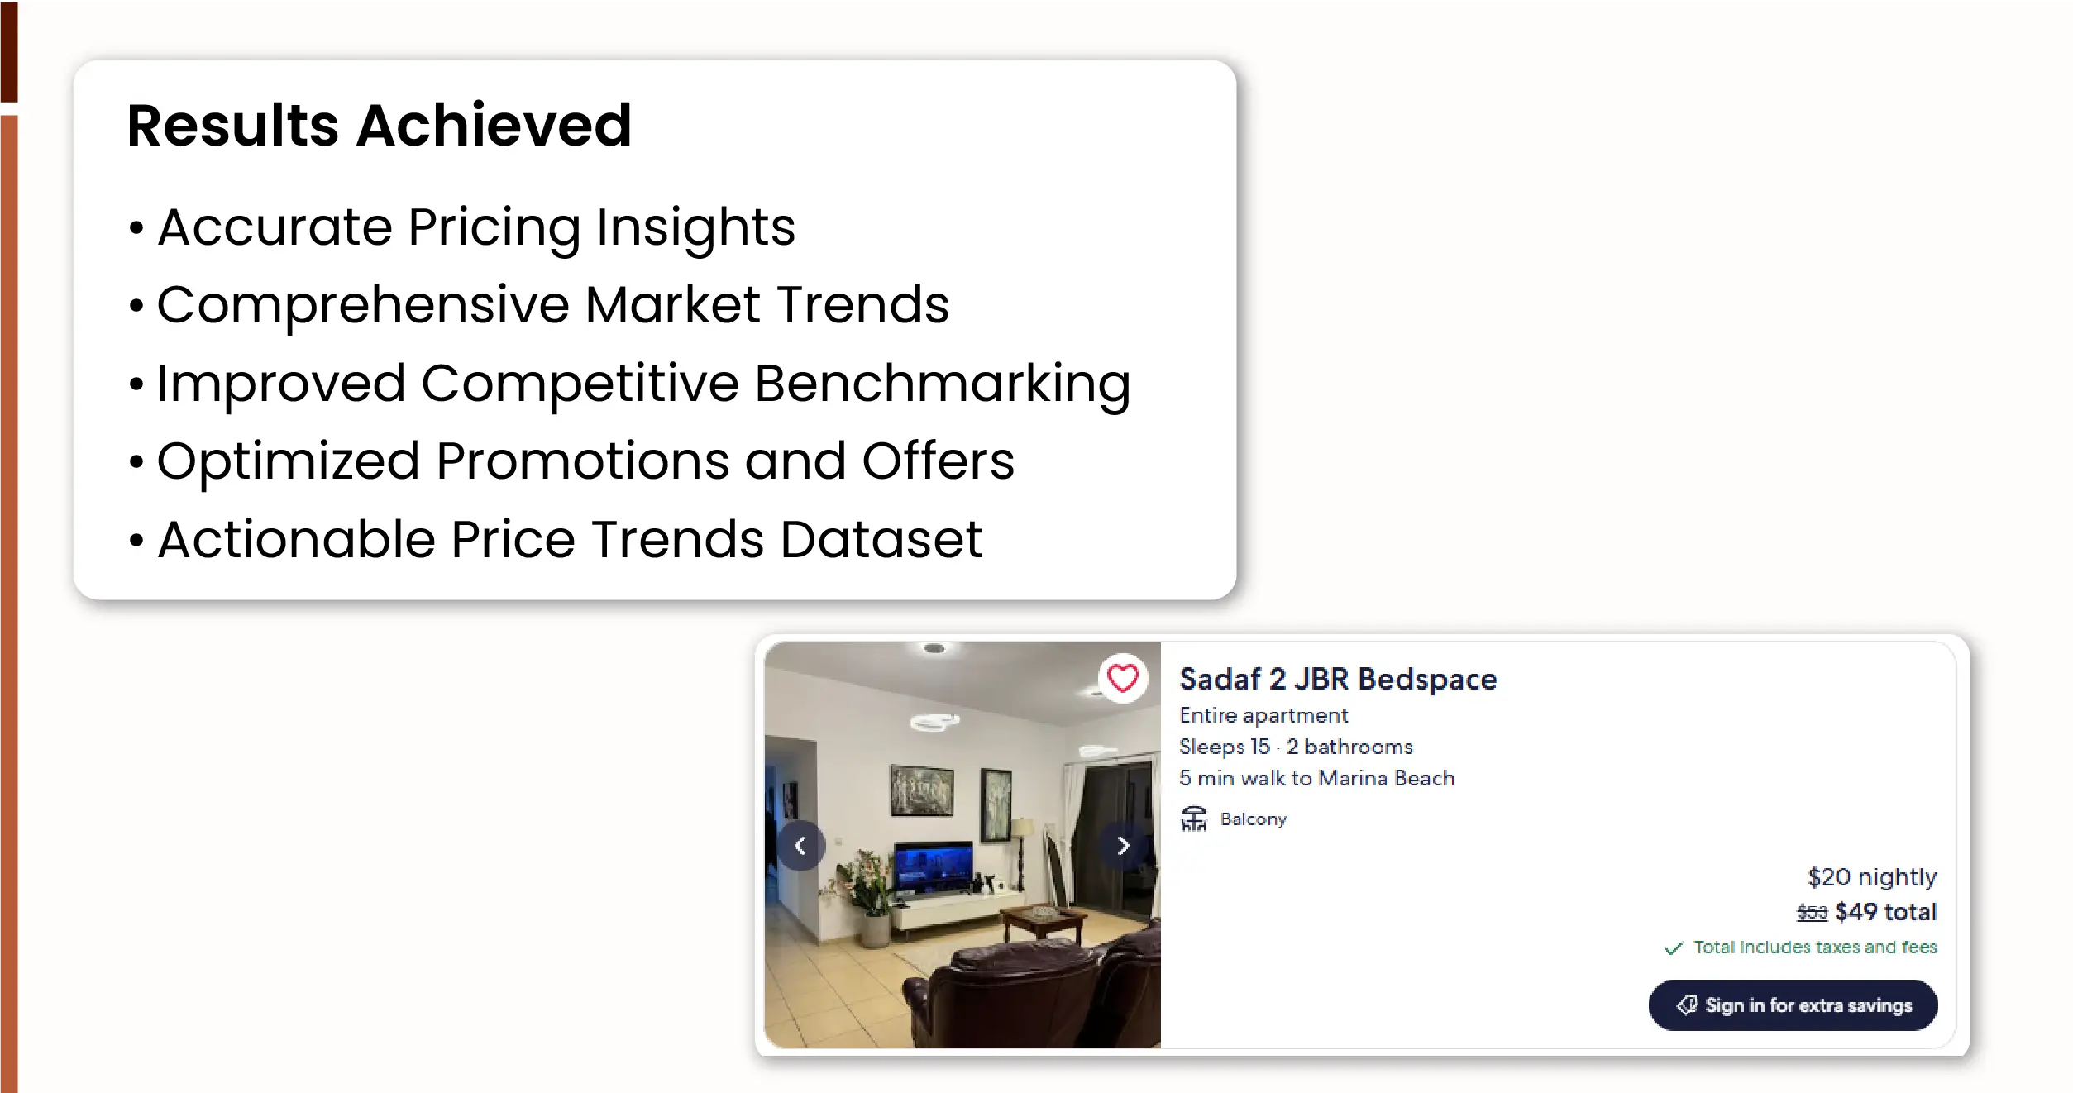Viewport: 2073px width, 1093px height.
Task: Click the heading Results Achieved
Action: pyautogui.click(x=380, y=126)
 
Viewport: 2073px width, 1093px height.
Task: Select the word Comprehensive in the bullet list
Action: pyautogui.click(x=363, y=305)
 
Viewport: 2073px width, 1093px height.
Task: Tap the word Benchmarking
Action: pyautogui.click(x=942, y=384)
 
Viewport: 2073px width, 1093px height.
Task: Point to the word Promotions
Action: pyautogui.click(x=582, y=461)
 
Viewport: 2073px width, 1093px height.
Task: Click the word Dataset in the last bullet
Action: pyautogui.click(x=881, y=539)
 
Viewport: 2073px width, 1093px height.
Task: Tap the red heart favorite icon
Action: pyautogui.click(x=1122, y=679)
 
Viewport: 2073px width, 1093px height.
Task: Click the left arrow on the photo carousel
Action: pyautogui.click(x=800, y=846)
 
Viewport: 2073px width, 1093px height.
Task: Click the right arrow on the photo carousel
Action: pyautogui.click(x=1122, y=846)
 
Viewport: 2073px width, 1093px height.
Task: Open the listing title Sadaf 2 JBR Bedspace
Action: pyautogui.click(x=1338, y=679)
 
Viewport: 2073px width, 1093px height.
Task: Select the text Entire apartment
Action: pyautogui.click(x=1263, y=715)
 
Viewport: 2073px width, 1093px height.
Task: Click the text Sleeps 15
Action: pyautogui.click(x=1225, y=747)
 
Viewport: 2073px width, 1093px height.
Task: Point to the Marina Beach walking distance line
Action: pyautogui.click(x=1316, y=778)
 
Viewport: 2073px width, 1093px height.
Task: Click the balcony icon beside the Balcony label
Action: pyautogui.click(x=1193, y=819)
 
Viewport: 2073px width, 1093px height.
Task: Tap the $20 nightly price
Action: pyautogui.click(x=1872, y=877)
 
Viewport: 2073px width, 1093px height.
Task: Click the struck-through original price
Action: pyautogui.click(x=1812, y=913)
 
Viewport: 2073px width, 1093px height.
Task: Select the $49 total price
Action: pyautogui.click(x=1886, y=912)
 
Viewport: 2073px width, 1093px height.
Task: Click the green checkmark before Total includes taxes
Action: pyautogui.click(x=1674, y=948)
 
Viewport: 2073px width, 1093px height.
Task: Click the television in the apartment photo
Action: pyautogui.click(x=934, y=867)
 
